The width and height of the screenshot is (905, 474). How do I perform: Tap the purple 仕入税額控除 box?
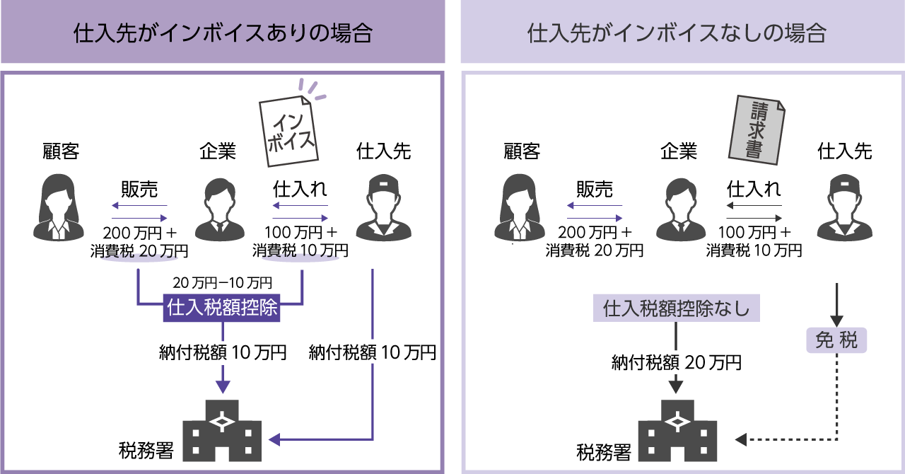[x=223, y=308]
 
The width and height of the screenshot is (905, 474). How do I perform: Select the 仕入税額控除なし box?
[x=676, y=308]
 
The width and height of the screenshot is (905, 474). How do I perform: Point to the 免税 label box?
[x=836, y=340]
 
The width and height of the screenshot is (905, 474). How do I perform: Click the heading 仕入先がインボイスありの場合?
[x=223, y=33]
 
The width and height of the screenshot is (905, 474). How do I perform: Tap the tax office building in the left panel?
[x=222, y=430]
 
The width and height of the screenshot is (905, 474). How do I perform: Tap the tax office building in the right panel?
[x=677, y=430]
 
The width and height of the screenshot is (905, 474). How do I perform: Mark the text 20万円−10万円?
[x=222, y=283]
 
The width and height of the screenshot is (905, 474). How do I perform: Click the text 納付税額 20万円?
[x=677, y=363]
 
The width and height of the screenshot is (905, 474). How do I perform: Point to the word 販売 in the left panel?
[x=139, y=190]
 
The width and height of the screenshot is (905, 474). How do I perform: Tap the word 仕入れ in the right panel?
[x=754, y=190]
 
